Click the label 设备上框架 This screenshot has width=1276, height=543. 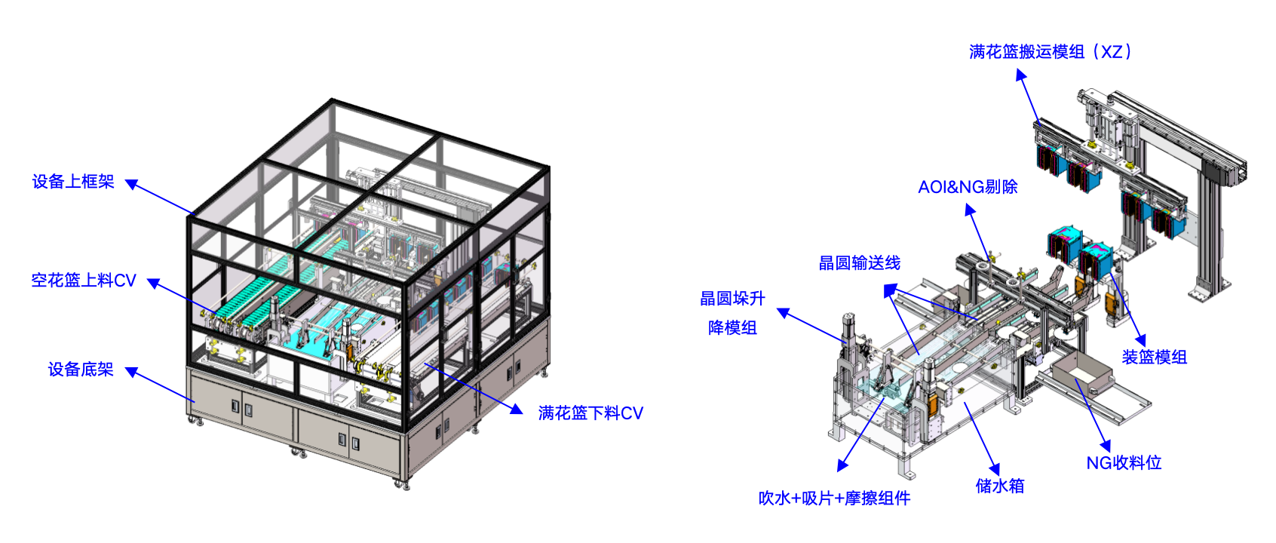[73, 182]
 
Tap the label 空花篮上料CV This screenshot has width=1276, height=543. [84, 281]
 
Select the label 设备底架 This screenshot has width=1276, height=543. [81, 370]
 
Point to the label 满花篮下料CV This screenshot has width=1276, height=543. [590, 413]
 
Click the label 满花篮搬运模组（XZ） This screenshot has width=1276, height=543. [1051, 52]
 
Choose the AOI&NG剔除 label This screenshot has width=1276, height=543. [968, 187]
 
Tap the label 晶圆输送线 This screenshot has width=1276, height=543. [860, 262]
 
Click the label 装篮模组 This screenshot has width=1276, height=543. [1154, 357]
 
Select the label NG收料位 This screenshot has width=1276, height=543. [1124, 462]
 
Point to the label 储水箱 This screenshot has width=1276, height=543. [1000, 486]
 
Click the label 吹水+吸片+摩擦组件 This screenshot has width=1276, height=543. [834, 499]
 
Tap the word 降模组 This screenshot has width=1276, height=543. [732, 327]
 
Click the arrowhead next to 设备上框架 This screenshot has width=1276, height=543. [131, 184]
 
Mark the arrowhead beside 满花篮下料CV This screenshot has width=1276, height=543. [517, 409]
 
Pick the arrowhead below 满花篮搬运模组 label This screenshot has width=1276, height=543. [1021, 75]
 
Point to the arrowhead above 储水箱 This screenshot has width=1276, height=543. [994, 469]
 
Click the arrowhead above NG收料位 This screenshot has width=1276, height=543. [1105, 446]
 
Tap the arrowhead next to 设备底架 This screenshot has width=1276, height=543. [131, 372]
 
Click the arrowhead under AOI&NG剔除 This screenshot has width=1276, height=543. [970, 211]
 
